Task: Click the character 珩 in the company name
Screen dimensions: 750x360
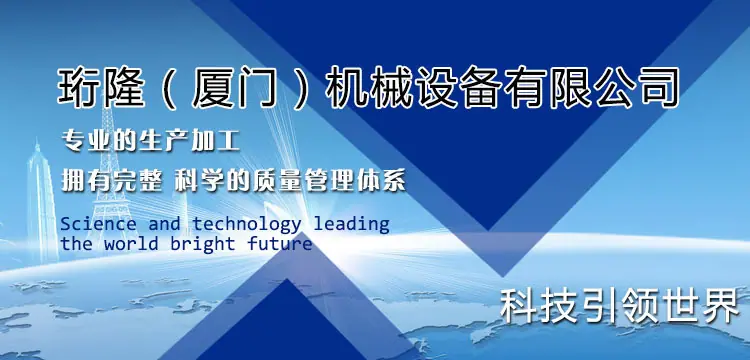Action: click(78, 87)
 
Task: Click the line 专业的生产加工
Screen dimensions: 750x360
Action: click(151, 142)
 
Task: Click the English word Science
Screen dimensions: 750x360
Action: click(98, 224)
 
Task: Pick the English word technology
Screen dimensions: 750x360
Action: click(247, 225)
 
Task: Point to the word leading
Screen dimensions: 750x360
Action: click(352, 225)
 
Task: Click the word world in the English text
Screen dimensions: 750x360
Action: click(131, 244)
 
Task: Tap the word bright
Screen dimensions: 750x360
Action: click(203, 245)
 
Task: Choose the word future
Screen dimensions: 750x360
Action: click(280, 244)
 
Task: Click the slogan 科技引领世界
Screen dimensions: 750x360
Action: click(620, 306)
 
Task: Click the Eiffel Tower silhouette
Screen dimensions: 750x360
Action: click(110, 172)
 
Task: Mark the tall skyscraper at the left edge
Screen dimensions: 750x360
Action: click(41, 201)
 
